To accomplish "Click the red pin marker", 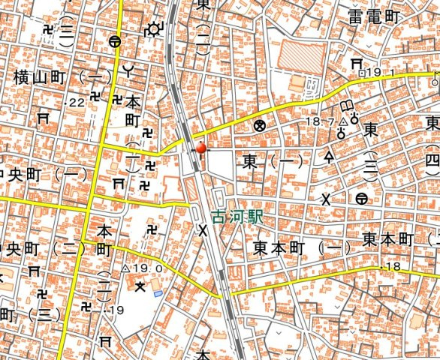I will (200, 148).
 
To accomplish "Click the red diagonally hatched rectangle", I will (302, 56).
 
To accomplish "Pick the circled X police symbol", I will (260, 125).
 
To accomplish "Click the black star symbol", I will (138, 285).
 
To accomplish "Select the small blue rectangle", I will (157, 293).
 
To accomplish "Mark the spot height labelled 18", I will (393, 268).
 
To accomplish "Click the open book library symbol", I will (348, 106).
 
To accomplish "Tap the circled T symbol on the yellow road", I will (114, 42).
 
